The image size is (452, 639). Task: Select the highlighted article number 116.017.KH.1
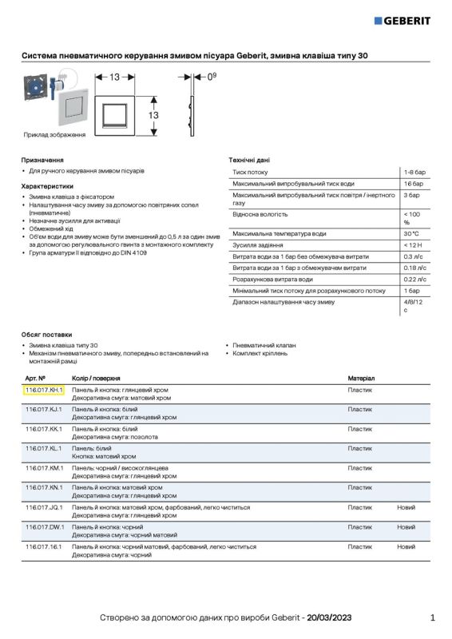tap(44, 390)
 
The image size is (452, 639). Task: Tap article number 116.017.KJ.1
tap(44, 409)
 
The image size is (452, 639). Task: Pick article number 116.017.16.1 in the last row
tap(44, 546)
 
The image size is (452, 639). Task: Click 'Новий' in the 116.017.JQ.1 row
tap(406, 507)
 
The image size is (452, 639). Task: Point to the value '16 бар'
tap(413, 184)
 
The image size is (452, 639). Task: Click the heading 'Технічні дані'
tap(249, 160)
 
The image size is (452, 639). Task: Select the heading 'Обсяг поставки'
tap(46, 334)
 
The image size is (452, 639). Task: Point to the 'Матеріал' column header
tap(361, 377)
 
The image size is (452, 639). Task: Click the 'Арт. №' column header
tap(35, 377)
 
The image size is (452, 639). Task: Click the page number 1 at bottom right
tap(432, 617)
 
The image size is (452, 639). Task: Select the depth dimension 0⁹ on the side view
tap(211, 77)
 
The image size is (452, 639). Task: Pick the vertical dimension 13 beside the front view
tap(153, 116)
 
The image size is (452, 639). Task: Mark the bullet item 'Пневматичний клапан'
tap(264, 345)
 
